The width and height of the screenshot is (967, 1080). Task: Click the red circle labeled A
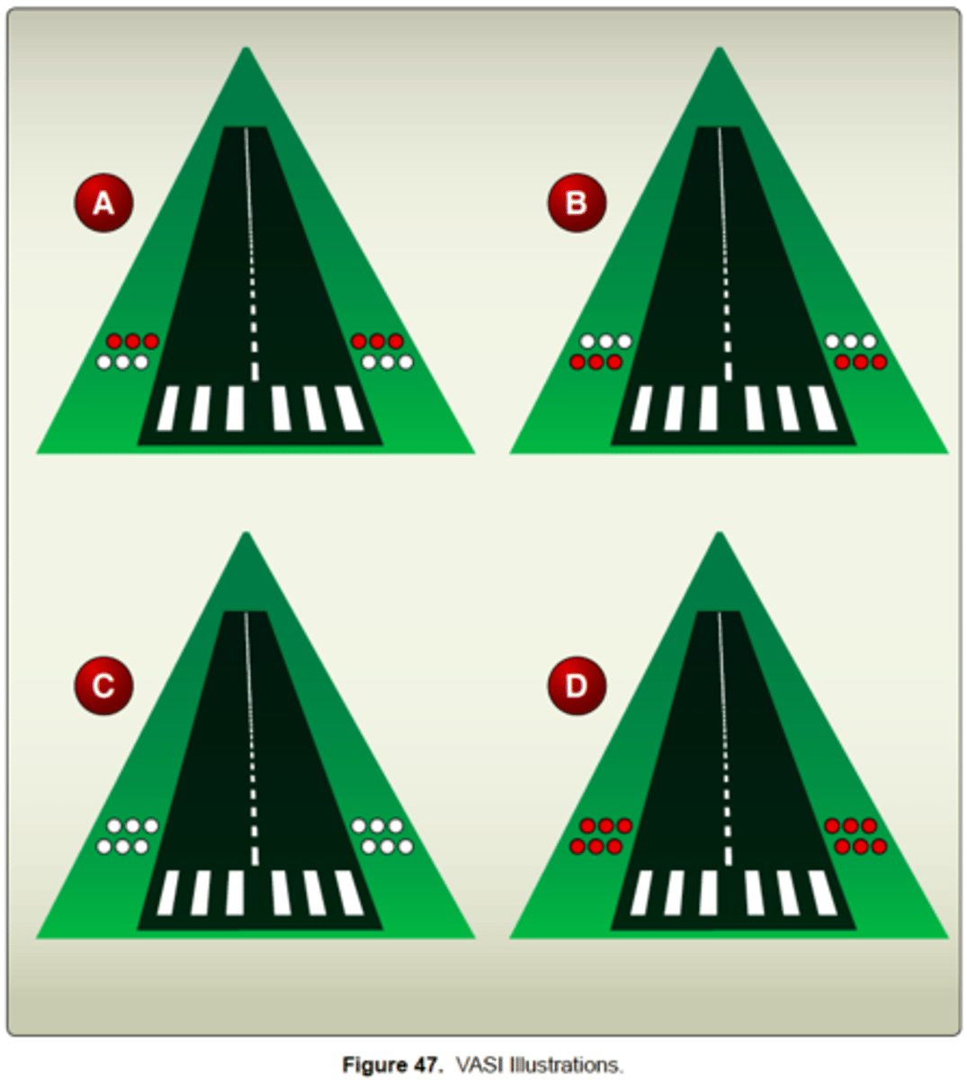tap(103, 203)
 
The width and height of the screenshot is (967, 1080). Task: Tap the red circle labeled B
tap(577, 203)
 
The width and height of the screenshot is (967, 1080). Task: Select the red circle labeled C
tap(103, 686)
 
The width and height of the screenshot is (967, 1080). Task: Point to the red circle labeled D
tap(577, 686)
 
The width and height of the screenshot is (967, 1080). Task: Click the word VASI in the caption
tap(479, 1065)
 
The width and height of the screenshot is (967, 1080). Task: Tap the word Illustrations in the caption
tap(566, 1065)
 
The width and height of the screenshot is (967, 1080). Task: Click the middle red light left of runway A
tap(132, 341)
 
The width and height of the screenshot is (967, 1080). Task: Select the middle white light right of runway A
tap(387, 363)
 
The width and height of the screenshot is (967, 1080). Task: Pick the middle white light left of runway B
tap(605, 341)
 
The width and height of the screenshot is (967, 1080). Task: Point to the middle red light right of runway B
tap(860, 363)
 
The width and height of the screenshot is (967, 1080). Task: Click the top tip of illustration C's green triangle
tap(246, 533)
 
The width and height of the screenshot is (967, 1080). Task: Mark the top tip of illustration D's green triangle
tap(719, 533)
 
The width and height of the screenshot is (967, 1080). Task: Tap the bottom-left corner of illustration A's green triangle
tap(38, 452)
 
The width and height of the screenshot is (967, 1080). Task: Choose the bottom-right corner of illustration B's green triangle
tap(946, 452)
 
